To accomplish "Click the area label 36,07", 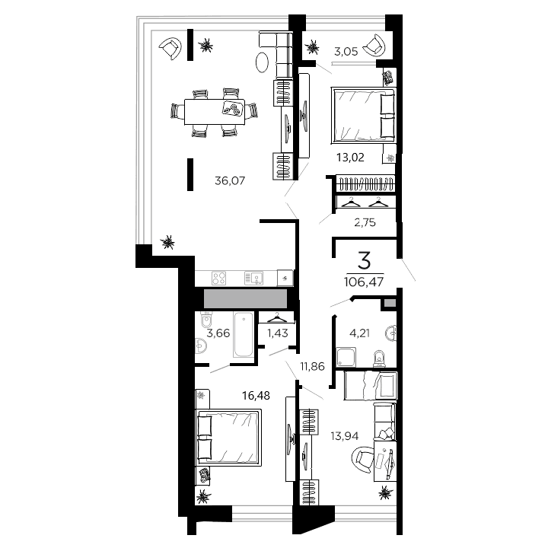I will pos(230,181).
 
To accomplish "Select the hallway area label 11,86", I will pos(312,366).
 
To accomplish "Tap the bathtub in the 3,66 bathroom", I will pos(243,335).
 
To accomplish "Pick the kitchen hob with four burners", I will pos(219,279).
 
